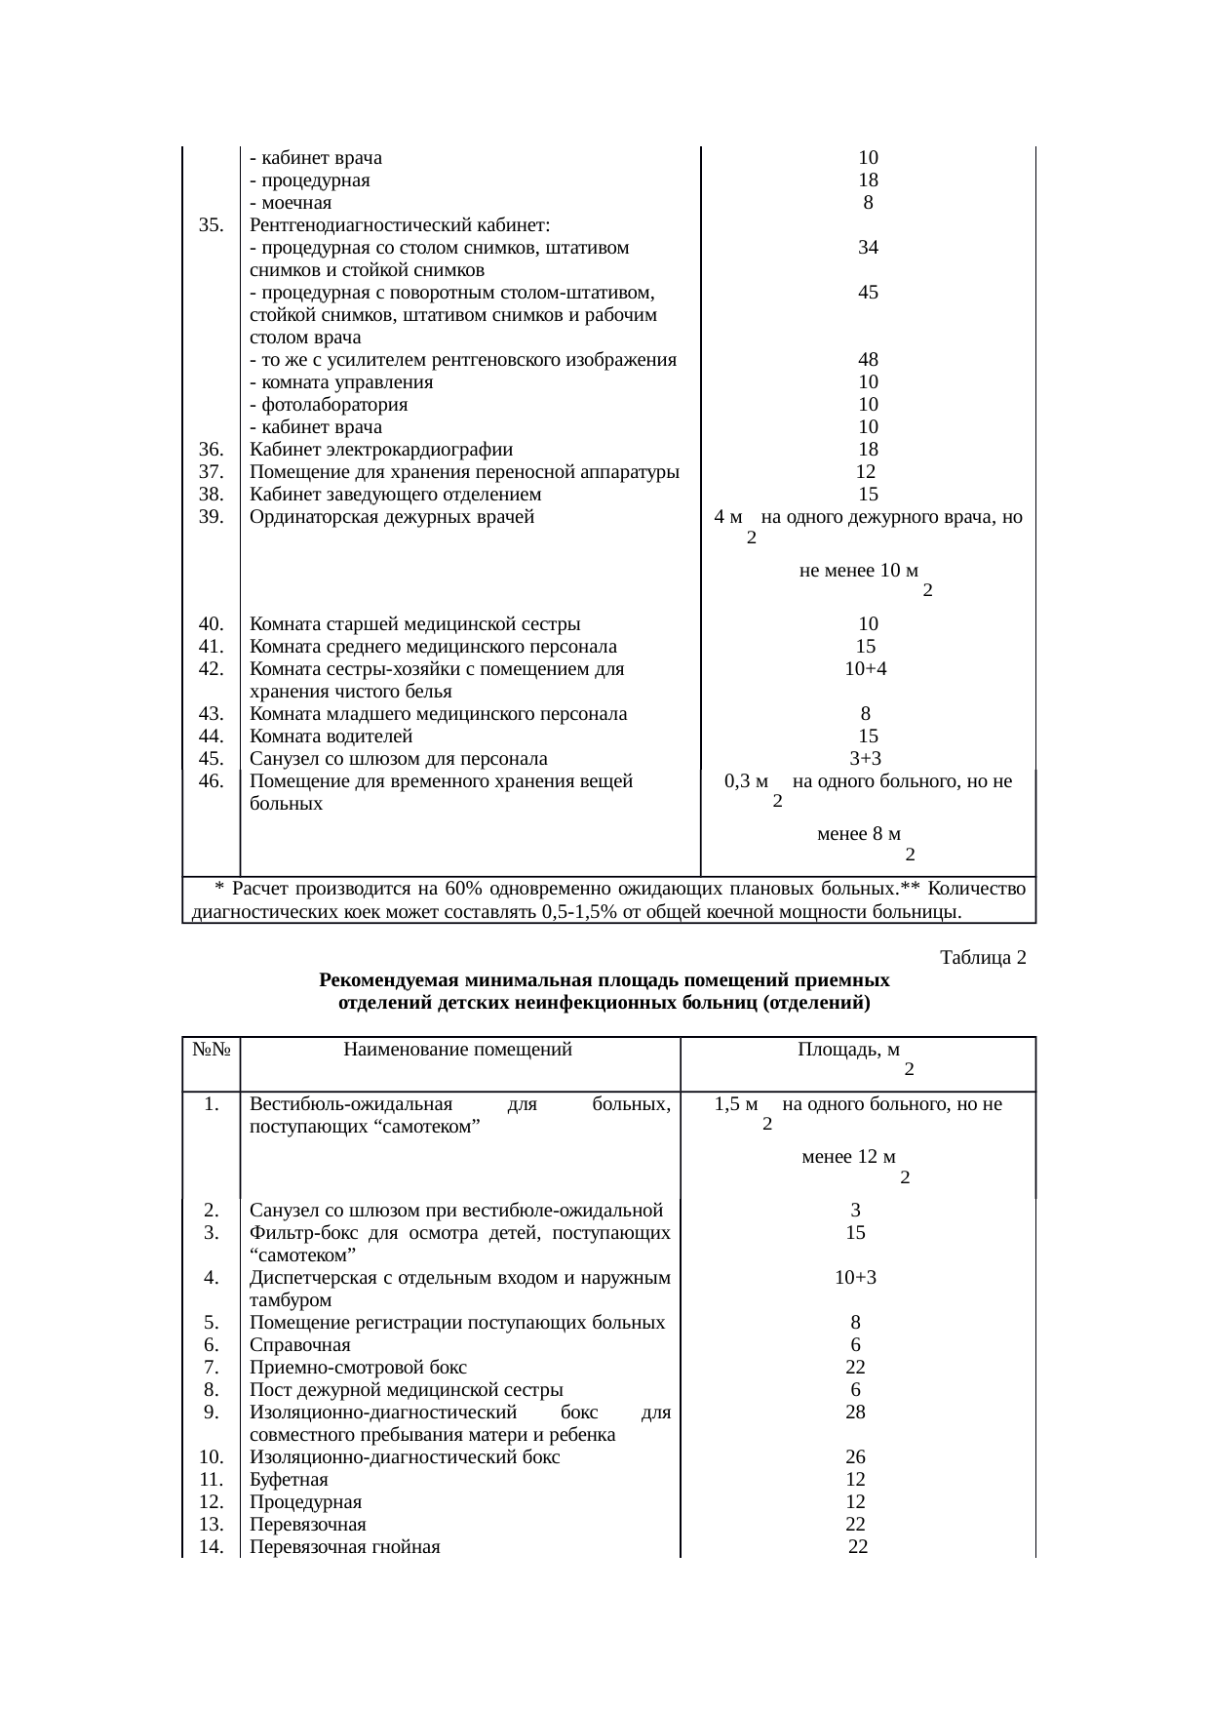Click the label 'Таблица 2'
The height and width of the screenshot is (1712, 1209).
tap(982, 957)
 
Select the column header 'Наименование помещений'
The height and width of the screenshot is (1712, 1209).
tap(457, 1050)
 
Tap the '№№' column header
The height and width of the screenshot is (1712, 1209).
tap(211, 1050)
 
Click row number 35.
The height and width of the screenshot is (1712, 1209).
tap(211, 225)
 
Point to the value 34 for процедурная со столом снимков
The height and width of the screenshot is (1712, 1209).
tap(868, 248)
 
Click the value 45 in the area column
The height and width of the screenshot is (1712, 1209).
tap(868, 293)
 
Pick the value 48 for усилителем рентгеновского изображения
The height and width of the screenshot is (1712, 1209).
tap(868, 360)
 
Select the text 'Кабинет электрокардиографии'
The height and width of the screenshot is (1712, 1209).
tap(381, 450)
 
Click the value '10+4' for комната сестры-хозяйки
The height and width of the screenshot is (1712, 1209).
tap(865, 669)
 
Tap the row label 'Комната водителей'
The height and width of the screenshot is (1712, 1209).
tap(331, 737)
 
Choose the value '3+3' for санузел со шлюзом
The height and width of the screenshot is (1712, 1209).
tap(866, 759)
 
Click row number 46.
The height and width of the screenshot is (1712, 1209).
tap(211, 781)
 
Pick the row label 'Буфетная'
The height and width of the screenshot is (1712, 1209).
tap(289, 1480)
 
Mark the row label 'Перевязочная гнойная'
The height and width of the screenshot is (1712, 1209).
tap(345, 1547)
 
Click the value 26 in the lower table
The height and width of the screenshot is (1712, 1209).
tap(855, 1457)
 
